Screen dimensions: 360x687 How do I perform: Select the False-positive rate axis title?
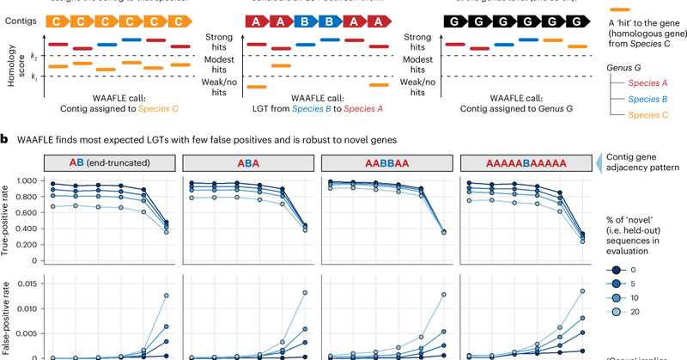8,314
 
